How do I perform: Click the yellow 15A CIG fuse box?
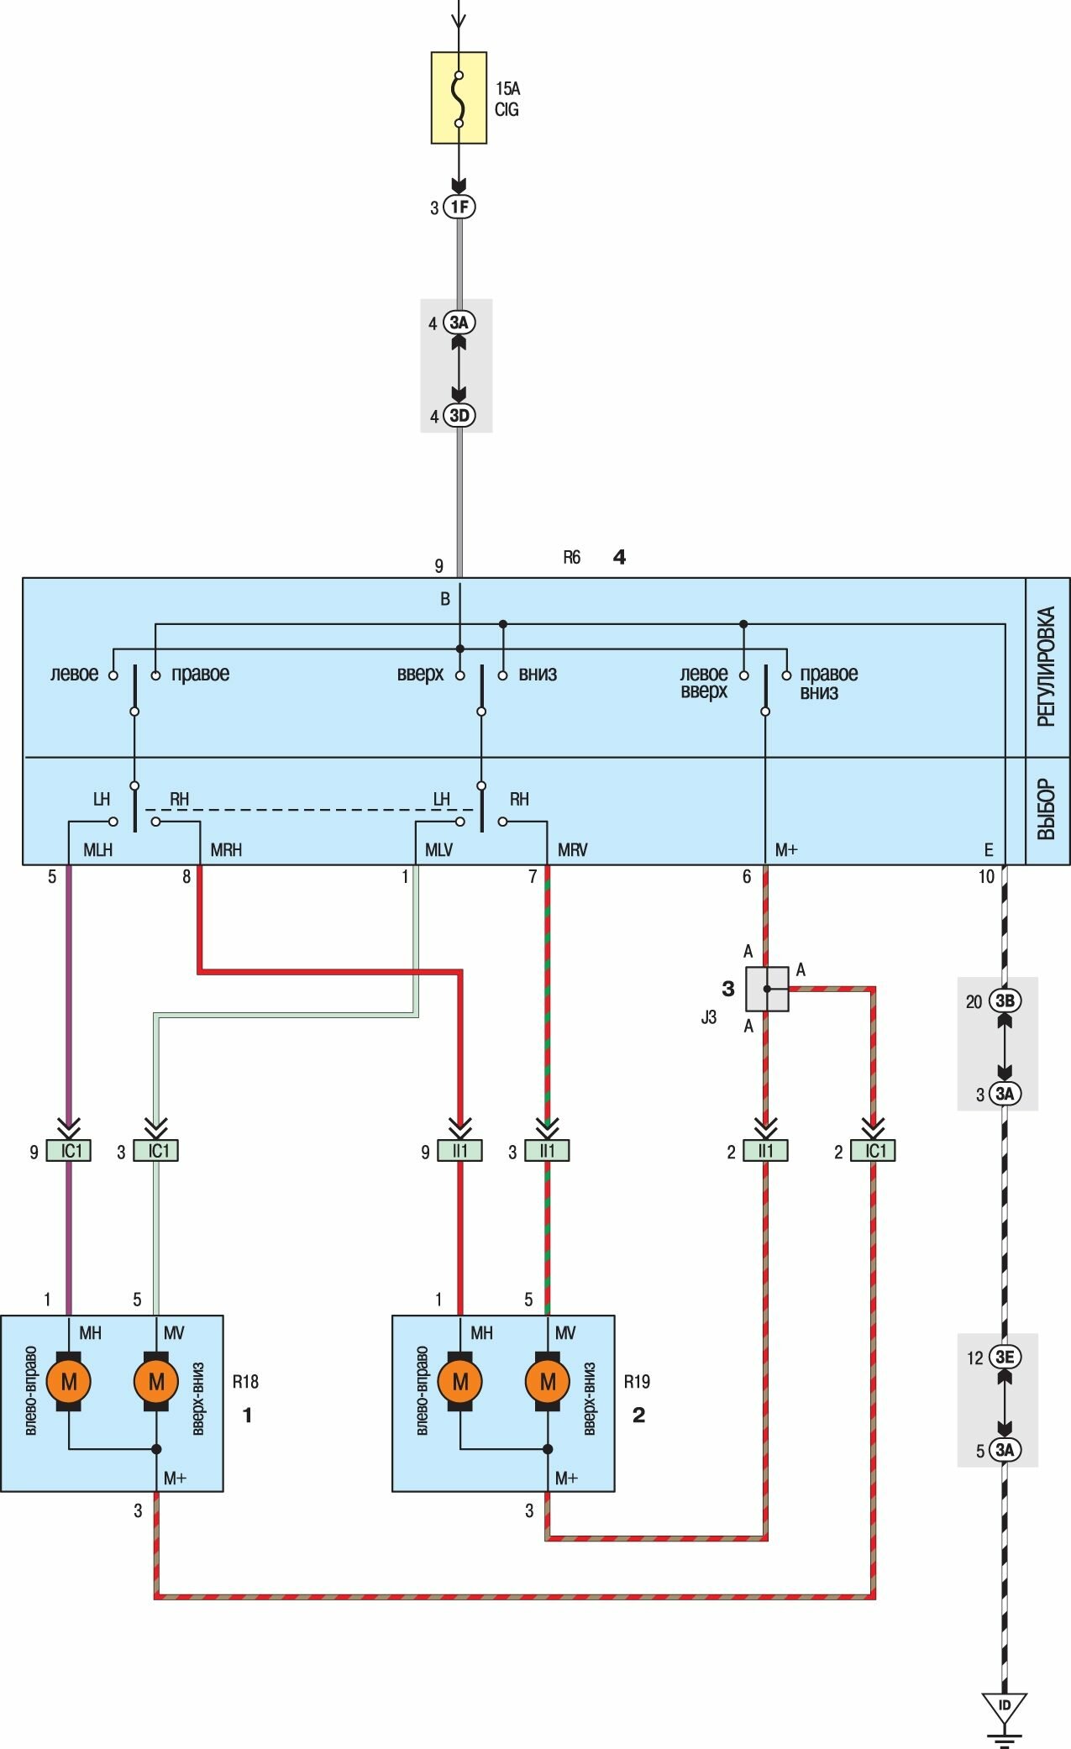point(459,97)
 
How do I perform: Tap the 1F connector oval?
point(459,207)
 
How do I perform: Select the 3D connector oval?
point(459,415)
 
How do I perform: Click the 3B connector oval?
point(1005,1001)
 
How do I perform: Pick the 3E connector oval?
point(1005,1357)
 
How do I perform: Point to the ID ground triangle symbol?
point(1005,1708)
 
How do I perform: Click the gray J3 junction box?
point(767,989)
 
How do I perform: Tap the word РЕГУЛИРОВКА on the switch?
point(1046,667)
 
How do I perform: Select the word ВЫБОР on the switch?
point(1046,810)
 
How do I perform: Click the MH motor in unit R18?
point(69,1381)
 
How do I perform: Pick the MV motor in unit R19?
point(548,1381)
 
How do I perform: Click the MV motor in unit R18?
point(156,1381)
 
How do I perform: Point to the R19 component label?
point(637,1382)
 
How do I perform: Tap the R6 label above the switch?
point(571,557)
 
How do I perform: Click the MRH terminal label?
point(226,850)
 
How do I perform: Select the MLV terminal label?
point(438,850)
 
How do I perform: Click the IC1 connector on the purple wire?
point(70,1150)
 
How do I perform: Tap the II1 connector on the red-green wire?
point(548,1150)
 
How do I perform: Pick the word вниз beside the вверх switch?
point(538,674)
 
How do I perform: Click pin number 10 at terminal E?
point(986,877)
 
